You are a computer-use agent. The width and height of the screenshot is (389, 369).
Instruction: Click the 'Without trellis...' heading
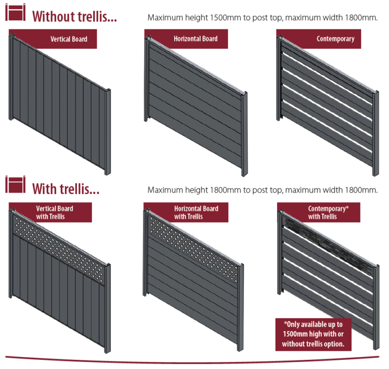pyautogui.click(x=74, y=16)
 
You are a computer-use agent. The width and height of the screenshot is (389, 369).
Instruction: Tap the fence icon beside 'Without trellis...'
pyautogui.click(x=15, y=14)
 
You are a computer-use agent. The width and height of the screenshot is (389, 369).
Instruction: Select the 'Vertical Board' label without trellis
pyautogui.click(x=68, y=39)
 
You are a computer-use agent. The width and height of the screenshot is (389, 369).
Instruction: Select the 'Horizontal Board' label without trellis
pyautogui.click(x=195, y=39)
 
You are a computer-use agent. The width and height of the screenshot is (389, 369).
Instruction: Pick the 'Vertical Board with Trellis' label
pyautogui.click(x=54, y=212)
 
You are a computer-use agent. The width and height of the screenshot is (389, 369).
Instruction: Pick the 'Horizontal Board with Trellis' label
pyautogui.click(x=196, y=212)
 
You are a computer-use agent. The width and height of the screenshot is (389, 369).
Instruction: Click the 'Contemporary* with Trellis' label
pyautogui.click(x=322, y=212)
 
